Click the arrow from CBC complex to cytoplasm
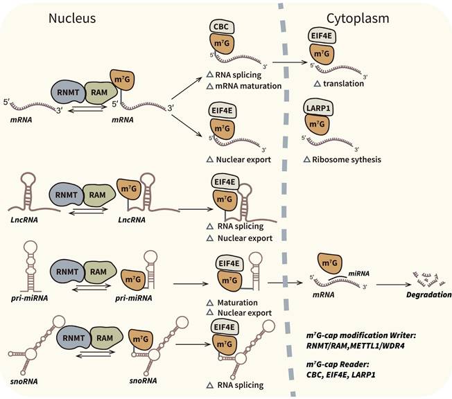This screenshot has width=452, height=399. [x=288, y=62]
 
